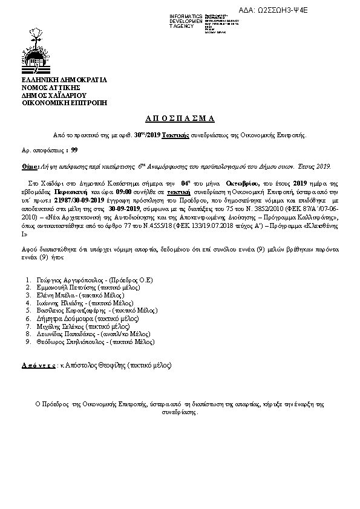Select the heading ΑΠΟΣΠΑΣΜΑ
click(180, 118)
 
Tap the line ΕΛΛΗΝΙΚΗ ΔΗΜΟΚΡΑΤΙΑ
click(64, 80)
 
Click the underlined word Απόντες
click(38, 366)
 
